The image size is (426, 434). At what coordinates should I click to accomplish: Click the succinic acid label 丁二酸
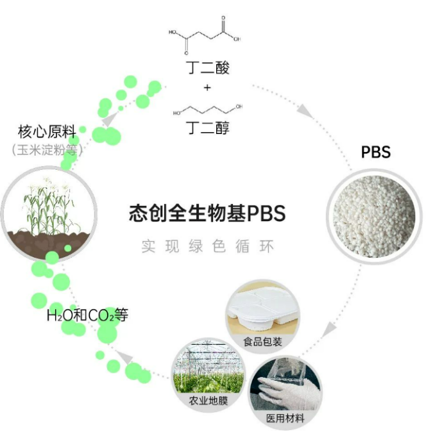click(x=207, y=67)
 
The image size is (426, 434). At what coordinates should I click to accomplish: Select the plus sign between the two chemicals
click(x=207, y=87)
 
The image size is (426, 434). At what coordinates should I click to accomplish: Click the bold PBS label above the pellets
click(x=376, y=153)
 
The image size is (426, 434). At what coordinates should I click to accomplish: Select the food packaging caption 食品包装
click(x=263, y=342)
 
